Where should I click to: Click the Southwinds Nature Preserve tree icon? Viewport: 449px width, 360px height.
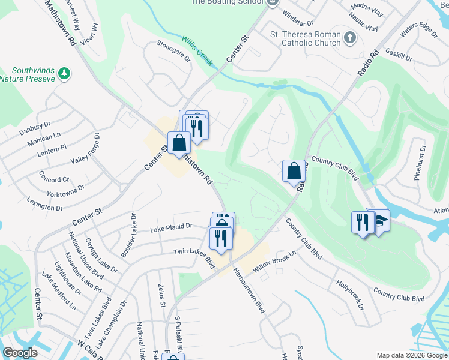65,74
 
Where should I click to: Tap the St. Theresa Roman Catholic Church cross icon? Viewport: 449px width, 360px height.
351,39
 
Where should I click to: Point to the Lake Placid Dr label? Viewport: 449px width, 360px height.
171,227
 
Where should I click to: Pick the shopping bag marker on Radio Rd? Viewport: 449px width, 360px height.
294,171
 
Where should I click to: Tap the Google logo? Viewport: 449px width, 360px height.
20,353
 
